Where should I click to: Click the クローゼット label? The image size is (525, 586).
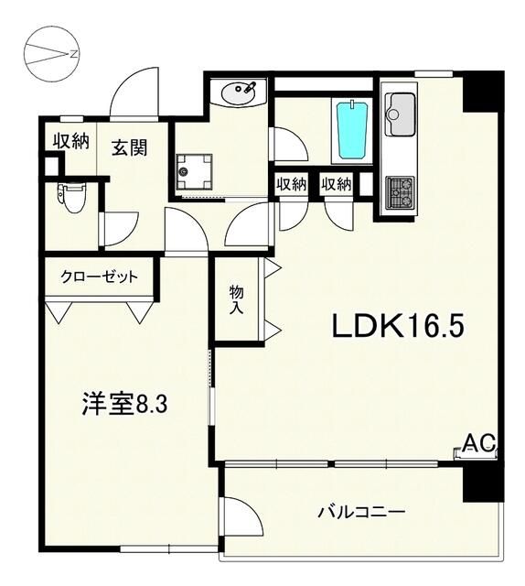coord(100,277)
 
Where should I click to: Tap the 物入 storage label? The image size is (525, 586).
coord(237,299)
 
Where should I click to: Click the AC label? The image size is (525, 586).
coord(477,444)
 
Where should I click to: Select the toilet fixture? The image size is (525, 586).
coord(70,195)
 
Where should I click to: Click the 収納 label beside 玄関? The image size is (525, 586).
coord(69,141)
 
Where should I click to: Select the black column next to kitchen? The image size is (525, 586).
coord(482,91)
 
